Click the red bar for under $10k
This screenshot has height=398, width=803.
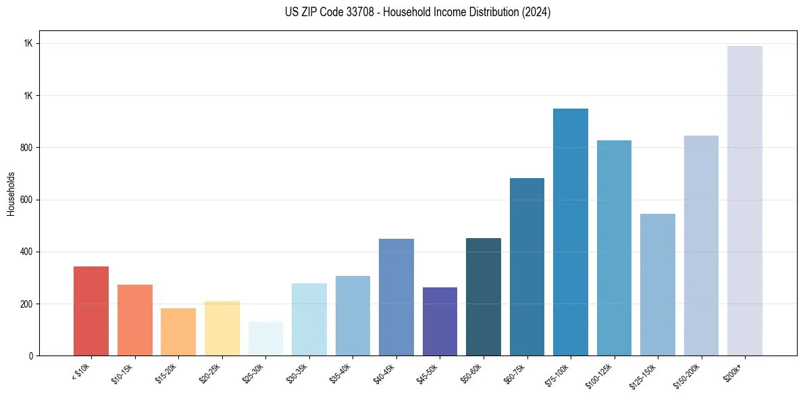point(91,311)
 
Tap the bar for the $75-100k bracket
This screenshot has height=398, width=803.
point(570,232)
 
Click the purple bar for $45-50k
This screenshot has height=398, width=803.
point(440,321)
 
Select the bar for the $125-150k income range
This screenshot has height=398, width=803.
point(657,285)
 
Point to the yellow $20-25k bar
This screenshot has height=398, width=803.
point(222,328)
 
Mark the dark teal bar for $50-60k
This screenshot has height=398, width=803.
point(484,297)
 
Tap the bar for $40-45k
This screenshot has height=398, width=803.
point(396,297)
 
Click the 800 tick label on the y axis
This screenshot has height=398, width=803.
point(26,148)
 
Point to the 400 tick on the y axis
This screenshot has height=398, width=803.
point(26,252)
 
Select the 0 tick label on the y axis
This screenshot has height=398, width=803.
point(30,356)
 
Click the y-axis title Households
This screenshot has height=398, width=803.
point(11,193)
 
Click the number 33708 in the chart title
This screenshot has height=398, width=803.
point(353,12)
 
